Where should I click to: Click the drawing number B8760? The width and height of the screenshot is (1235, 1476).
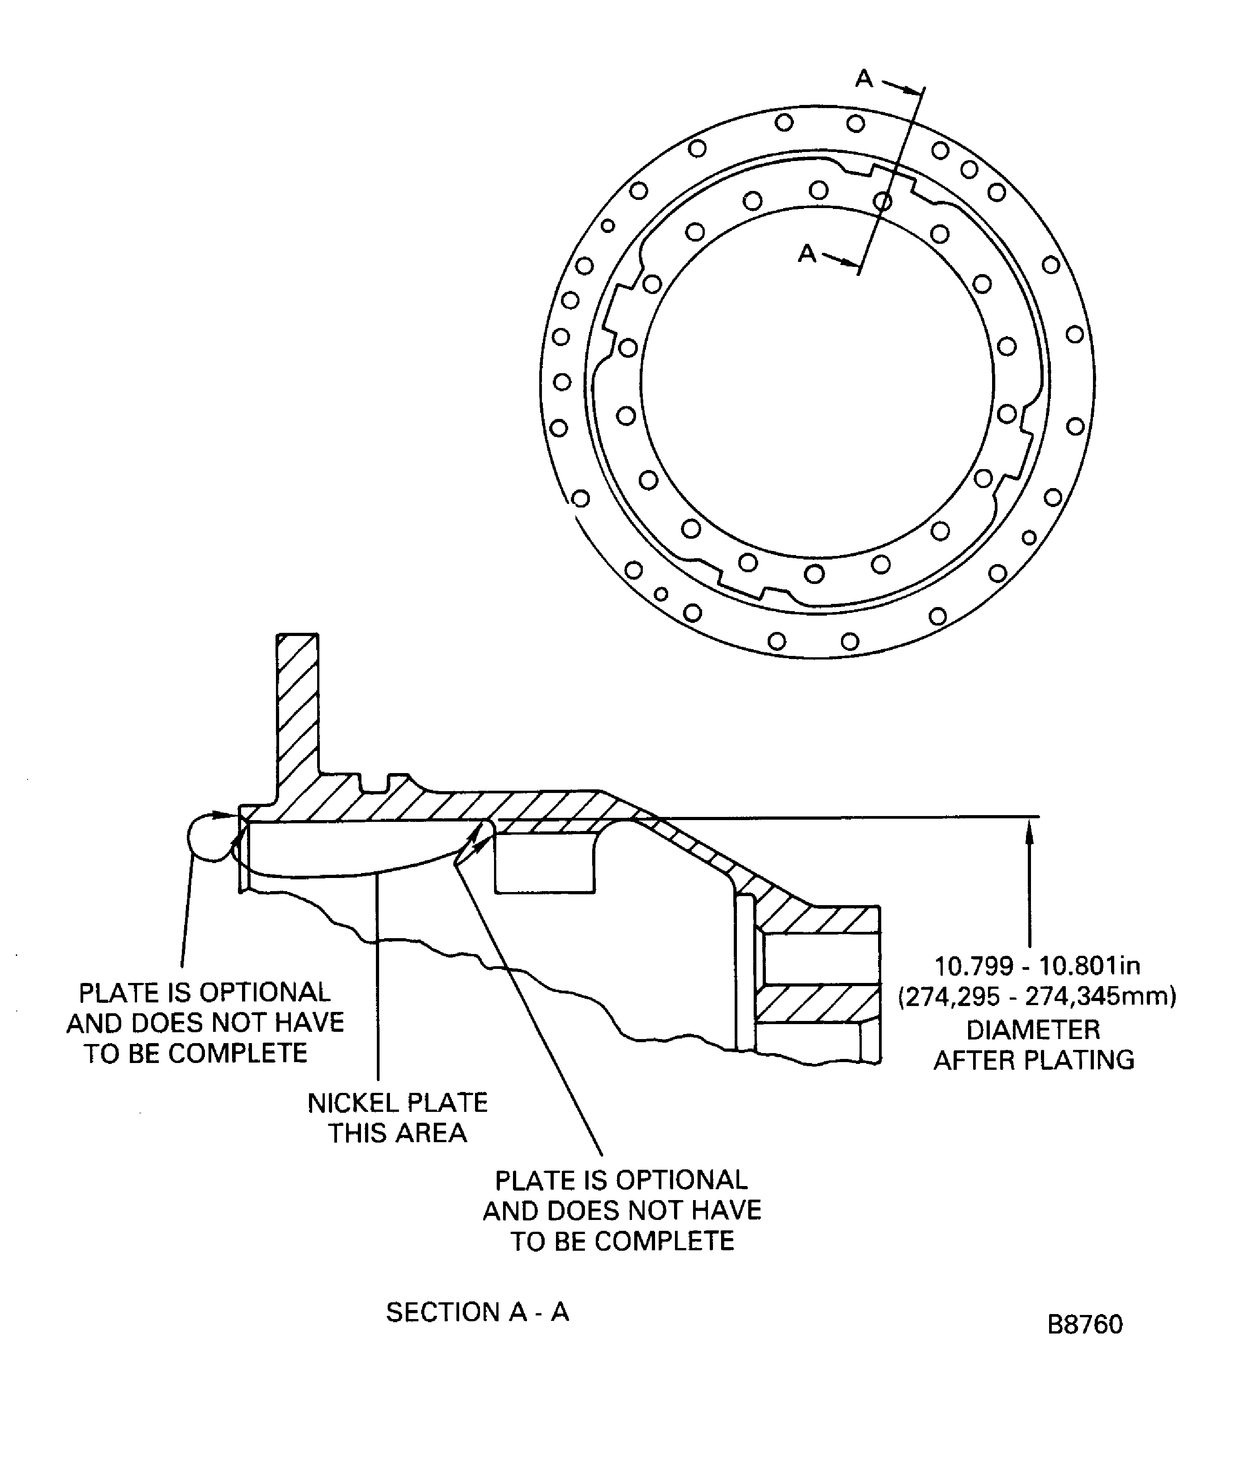1084,1325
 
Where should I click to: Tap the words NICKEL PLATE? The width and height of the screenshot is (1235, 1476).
397,1103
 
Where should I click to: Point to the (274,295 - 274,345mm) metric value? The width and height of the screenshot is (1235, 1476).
1037,997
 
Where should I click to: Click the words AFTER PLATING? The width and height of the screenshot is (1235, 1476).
1033,1060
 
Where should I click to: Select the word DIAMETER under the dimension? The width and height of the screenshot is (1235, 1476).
1033,1030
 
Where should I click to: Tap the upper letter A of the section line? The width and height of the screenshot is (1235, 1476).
864,79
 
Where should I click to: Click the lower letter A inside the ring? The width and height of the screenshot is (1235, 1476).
807,253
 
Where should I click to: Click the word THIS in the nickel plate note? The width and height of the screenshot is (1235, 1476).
358,1134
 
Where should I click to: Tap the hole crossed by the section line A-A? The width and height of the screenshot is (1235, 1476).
882,202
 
